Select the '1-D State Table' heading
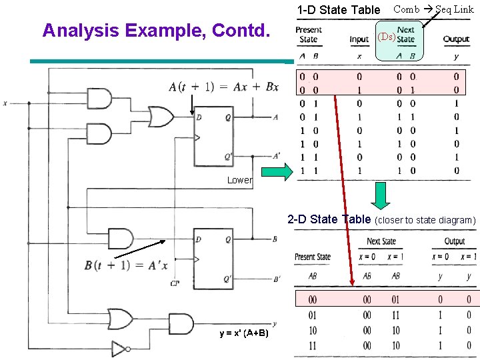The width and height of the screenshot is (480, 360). [338, 10]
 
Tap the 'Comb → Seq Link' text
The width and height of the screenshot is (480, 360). [433, 9]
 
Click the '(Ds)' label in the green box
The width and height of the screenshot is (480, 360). [386, 37]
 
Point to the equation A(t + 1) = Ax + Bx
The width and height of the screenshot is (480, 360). [224, 87]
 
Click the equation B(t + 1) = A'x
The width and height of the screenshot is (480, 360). [126, 265]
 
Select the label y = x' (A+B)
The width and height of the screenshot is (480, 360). [244, 333]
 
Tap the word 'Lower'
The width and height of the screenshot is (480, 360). [239, 180]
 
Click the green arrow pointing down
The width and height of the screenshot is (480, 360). [381, 196]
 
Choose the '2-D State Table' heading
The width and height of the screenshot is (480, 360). [328, 219]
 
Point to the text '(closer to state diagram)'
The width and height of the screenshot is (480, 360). [425, 220]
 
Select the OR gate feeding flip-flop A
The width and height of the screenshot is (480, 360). [160, 117]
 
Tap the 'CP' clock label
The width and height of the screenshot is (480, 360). [175, 283]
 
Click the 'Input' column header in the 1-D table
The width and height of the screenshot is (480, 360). [359, 40]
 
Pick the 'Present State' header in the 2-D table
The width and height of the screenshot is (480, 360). [313, 257]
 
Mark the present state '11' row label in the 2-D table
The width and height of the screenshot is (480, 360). [312, 345]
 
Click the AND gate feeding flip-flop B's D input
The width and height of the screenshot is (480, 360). [120, 239]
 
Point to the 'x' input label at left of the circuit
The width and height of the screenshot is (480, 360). [5, 103]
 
